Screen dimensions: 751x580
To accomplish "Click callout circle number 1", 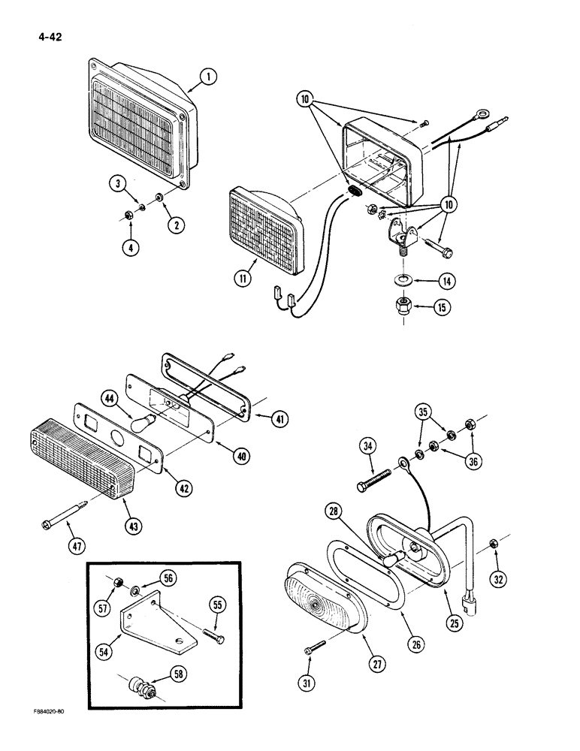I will tap(210, 76).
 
